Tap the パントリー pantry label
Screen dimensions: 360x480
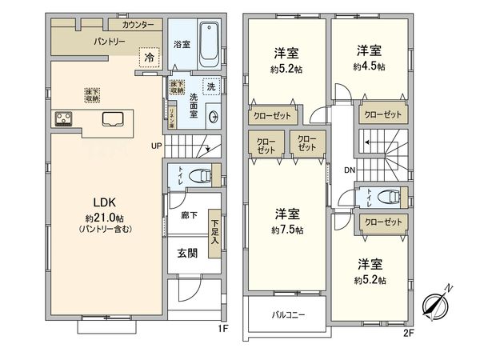108,40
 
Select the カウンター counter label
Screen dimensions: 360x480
139,25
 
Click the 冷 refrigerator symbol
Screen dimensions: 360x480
148,57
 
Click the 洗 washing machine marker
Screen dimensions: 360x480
210,86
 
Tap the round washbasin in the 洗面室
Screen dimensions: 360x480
212,116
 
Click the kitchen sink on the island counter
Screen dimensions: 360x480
114,121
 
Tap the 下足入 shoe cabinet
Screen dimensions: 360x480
214,238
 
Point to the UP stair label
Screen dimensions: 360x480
157,146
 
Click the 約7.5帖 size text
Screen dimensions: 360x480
286,230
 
